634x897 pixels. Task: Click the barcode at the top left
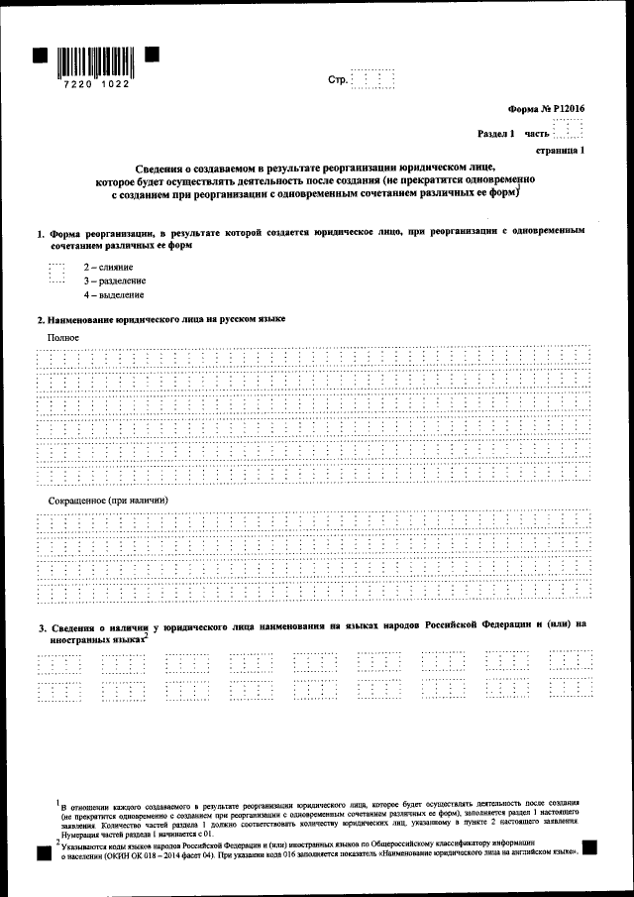[x=96, y=61]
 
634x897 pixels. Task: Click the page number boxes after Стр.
[x=373, y=79]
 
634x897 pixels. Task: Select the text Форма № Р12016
[x=547, y=112]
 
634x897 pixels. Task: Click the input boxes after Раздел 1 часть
[x=568, y=132]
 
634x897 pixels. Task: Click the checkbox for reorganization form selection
[x=55, y=273]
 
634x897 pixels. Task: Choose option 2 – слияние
[x=109, y=268]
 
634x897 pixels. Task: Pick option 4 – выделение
[x=114, y=295]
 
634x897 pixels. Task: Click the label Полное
[x=62, y=337]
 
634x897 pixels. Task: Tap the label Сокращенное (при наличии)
[x=108, y=501]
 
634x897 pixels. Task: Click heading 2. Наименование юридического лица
[x=160, y=319]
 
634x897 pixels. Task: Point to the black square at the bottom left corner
[x=42, y=850]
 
